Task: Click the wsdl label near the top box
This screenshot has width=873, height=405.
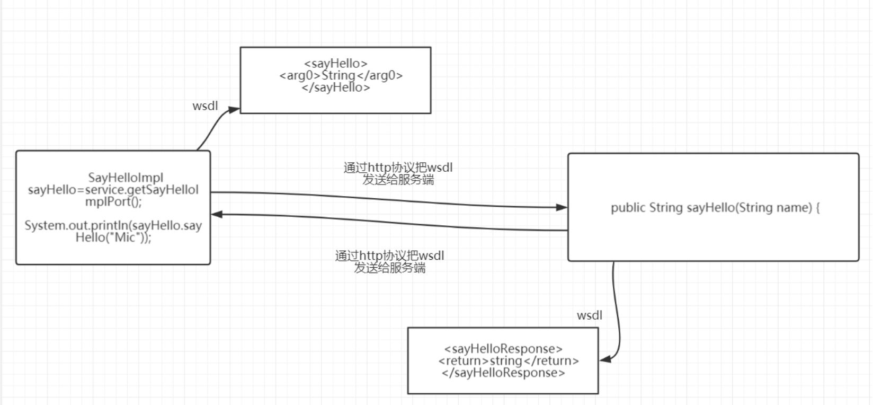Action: (x=205, y=106)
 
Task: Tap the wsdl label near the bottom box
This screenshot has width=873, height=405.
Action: (x=589, y=315)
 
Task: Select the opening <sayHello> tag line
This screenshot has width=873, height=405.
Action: (x=335, y=64)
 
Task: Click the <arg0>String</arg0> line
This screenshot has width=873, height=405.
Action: (x=341, y=75)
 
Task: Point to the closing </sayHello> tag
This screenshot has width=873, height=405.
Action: (x=335, y=87)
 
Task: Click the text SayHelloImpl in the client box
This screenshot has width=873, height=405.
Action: (x=126, y=178)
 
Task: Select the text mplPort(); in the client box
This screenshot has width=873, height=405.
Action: (x=113, y=202)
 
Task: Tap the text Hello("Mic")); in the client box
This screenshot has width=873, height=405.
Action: (x=113, y=237)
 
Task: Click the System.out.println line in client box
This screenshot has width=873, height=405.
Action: (x=113, y=226)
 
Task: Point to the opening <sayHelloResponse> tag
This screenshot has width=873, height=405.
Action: (x=503, y=349)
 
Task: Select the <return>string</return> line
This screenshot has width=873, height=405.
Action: (x=509, y=361)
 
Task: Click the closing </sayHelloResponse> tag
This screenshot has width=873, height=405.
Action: (x=503, y=373)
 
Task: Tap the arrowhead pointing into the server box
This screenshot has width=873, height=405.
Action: (x=562, y=207)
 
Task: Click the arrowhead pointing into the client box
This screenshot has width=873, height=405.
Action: (x=217, y=214)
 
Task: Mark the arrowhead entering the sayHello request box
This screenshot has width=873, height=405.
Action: (x=234, y=109)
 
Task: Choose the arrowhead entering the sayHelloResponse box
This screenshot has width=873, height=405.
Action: (x=605, y=359)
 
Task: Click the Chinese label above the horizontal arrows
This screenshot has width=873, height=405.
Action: (x=398, y=174)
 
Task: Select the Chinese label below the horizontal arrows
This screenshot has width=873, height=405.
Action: (x=389, y=262)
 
